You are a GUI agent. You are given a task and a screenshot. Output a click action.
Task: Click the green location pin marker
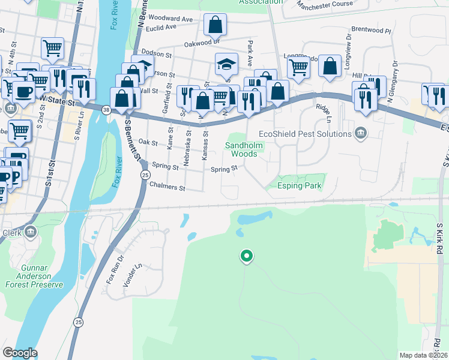click(246, 257)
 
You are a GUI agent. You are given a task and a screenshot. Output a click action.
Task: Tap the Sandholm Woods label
click(241, 149)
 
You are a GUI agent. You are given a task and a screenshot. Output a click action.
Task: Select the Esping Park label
click(300, 186)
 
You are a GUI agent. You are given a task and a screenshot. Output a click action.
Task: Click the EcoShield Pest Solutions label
click(304, 133)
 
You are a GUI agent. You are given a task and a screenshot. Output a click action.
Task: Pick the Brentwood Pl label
click(371, 29)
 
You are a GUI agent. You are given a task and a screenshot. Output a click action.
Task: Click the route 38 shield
click(106, 110)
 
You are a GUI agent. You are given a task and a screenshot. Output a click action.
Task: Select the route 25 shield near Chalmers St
click(145, 175)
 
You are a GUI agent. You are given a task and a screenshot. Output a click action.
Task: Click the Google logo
click(20, 353)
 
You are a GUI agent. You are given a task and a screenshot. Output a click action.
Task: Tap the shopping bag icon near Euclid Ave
click(214, 25)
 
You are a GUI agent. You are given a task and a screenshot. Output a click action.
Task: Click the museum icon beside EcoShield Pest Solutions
click(361, 133)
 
